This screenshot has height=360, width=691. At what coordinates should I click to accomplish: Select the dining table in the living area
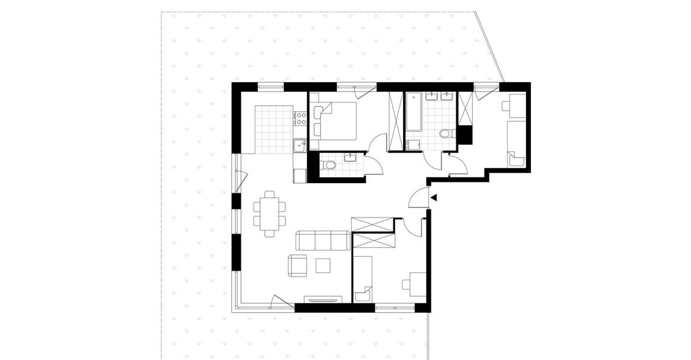pyautogui.click(x=270, y=213)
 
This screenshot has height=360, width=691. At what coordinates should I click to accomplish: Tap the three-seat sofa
pyautogui.click(x=322, y=241)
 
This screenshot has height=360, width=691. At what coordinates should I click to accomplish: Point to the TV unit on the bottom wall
pyautogui.click(x=323, y=299)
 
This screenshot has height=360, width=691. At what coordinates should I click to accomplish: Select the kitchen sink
pyautogui.click(x=300, y=144)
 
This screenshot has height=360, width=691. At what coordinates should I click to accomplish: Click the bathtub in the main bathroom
pyautogui.click(x=413, y=112)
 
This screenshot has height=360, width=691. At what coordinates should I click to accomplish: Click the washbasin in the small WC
pyautogui.click(x=351, y=157)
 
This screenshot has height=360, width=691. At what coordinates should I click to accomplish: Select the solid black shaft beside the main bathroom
pyautogui.click(x=466, y=135)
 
